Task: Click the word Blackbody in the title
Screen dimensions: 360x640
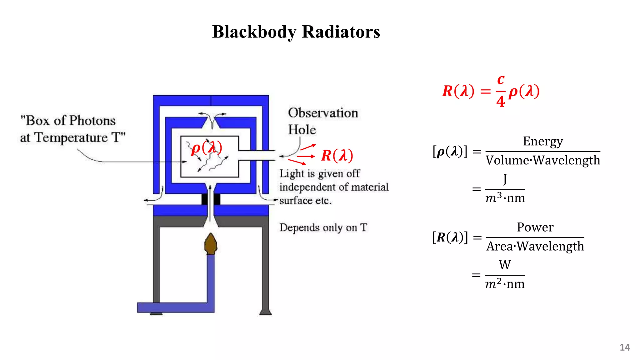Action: [x=254, y=32]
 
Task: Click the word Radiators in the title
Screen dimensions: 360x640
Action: [x=341, y=32]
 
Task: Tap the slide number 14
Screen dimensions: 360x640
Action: [x=625, y=347]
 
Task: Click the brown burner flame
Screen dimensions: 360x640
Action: [x=211, y=244]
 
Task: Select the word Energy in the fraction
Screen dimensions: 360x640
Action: [x=543, y=141]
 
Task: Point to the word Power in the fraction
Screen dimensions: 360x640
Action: [x=535, y=227]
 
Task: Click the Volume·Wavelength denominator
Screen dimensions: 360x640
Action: [x=543, y=160]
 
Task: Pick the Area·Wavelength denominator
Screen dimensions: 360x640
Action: [x=535, y=246]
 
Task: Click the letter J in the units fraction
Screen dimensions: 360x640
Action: [x=505, y=179]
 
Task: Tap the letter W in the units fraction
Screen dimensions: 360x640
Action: [x=505, y=265]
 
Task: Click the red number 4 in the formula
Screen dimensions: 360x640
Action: [x=501, y=101]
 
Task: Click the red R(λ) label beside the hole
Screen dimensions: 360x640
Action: [x=337, y=155]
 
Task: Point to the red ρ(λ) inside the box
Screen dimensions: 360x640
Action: [x=207, y=147]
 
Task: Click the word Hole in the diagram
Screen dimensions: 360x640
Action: [x=302, y=130]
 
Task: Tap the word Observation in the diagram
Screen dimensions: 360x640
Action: [x=323, y=113]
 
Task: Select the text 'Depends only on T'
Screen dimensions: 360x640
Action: [x=323, y=227]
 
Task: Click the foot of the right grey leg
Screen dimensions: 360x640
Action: [x=265, y=312]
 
